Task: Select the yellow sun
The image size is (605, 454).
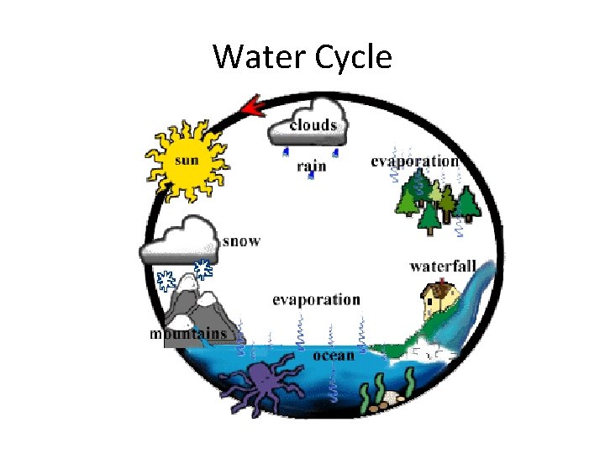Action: [x=186, y=160]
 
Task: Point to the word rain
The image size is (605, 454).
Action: [x=311, y=166]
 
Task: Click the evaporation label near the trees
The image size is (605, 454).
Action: [x=414, y=161]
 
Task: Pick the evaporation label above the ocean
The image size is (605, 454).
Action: [x=317, y=299]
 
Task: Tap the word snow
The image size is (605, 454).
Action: [x=242, y=241]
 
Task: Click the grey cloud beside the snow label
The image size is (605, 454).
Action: [x=178, y=240]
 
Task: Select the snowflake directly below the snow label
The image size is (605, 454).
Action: [x=203, y=269]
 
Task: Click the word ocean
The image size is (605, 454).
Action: [x=334, y=355]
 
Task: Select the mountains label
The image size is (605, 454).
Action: [x=188, y=334]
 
